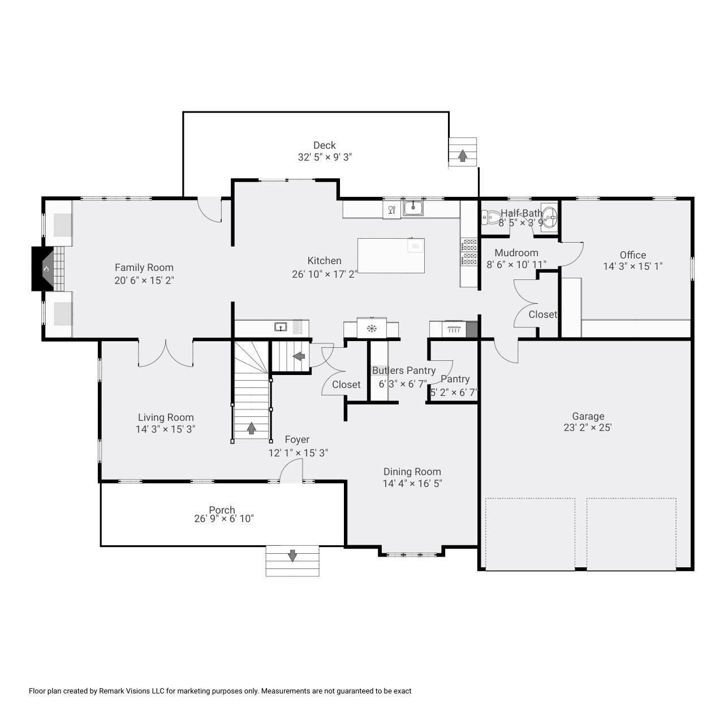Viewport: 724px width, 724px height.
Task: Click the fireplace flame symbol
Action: coord(46,269)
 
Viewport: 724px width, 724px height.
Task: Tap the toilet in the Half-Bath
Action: coord(492,217)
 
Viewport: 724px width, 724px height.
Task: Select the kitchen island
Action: coord(391,256)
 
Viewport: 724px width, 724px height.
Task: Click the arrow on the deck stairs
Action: coord(463,155)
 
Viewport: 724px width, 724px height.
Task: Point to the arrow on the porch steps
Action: coord(292,555)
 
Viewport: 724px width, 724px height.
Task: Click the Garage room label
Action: coord(588,416)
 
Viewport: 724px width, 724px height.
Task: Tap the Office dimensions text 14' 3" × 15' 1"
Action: coord(633,266)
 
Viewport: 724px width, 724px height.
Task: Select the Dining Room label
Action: coord(412,472)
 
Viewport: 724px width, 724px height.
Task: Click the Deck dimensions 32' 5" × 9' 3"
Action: coord(325,157)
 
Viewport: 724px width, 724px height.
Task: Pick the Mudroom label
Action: coord(516,253)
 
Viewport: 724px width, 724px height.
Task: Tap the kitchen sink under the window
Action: coord(413,208)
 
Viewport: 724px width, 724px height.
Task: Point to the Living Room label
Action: coord(166,417)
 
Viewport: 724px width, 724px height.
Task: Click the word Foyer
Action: coord(297,439)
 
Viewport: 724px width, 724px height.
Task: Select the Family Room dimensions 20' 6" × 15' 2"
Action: coord(144,281)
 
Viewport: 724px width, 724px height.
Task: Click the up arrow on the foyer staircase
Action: coord(251,428)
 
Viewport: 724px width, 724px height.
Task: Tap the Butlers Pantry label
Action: coord(403,370)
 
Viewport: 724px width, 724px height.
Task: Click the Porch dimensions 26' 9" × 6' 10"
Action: coord(224,519)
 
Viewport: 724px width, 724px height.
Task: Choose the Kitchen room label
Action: coord(324,260)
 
